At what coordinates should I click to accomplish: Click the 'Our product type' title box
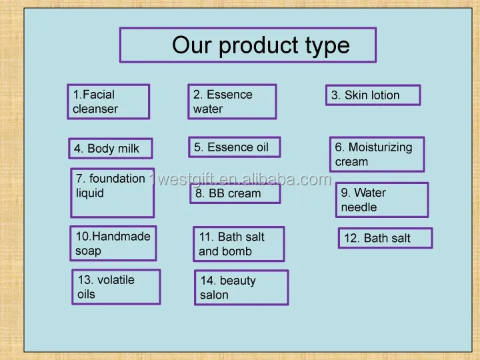point(248,45)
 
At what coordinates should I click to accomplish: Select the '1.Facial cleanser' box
point(109,101)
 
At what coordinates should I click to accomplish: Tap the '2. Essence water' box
point(233,101)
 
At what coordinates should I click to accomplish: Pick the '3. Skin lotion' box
point(373,95)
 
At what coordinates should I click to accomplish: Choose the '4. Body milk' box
point(111,149)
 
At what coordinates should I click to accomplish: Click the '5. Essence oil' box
point(235,147)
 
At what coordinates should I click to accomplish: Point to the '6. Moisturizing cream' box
point(377,154)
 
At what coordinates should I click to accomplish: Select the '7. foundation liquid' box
point(113,193)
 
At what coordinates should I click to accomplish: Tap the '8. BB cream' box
point(235,193)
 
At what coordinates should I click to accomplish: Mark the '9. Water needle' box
point(382,200)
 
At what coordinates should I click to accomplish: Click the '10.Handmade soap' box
point(113,243)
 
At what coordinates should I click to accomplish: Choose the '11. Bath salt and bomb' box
point(239,244)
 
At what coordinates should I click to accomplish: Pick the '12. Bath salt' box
point(385,238)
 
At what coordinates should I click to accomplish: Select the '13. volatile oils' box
point(116,287)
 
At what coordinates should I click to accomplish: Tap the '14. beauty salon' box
point(241,287)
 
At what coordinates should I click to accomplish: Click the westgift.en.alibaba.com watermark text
point(241,179)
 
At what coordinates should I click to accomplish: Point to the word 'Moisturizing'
point(381,147)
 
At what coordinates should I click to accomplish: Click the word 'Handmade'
point(121,236)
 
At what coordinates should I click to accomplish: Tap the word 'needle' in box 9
point(359,207)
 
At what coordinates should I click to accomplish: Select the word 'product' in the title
point(259,46)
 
